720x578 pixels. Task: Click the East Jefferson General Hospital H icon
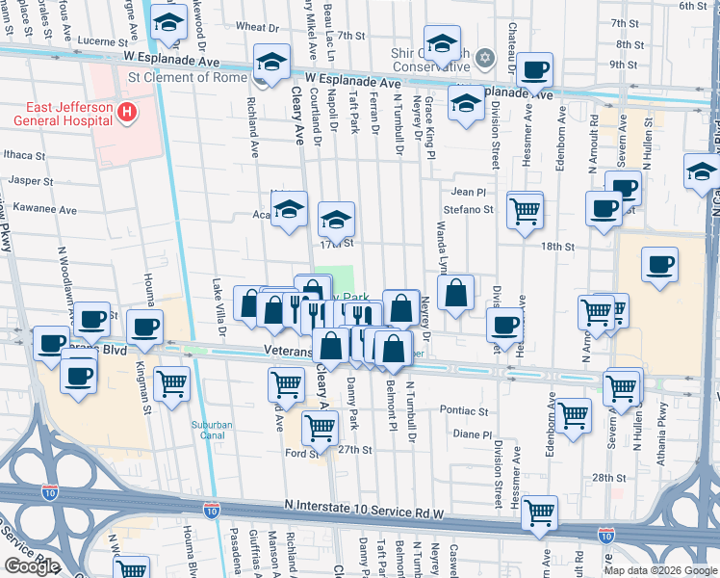click(x=125, y=114)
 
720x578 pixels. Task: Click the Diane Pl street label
click(x=472, y=434)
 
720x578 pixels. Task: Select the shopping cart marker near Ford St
click(x=320, y=425)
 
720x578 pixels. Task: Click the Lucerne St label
click(x=90, y=42)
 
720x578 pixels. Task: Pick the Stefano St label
click(x=468, y=208)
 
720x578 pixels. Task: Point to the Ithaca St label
click(x=25, y=154)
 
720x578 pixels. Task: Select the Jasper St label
click(x=31, y=180)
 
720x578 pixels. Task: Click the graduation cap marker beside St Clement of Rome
click(x=272, y=63)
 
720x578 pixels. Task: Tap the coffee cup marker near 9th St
click(x=533, y=70)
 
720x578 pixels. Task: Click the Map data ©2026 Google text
click(x=659, y=570)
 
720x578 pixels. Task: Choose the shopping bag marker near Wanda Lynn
click(x=456, y=292)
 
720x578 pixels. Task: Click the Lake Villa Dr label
click(x=219, y=306)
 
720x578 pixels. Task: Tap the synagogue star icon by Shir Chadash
click(x=487, y=57)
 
